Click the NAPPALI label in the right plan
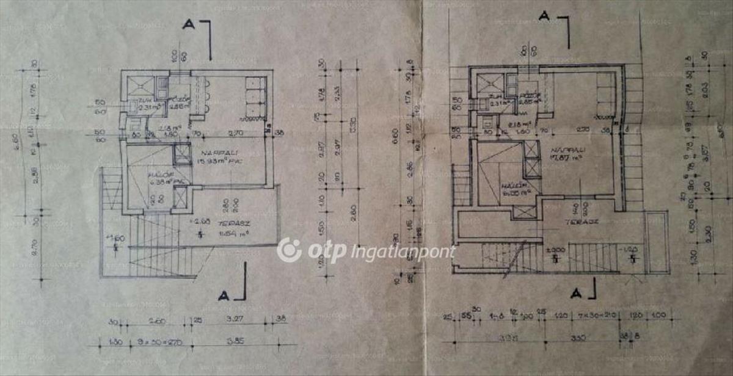pos(564,149)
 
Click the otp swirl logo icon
pos(289,250)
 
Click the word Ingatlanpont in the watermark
pos(403,251)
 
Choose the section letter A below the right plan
pos(575,294)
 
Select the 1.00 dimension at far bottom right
pos(658,316)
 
